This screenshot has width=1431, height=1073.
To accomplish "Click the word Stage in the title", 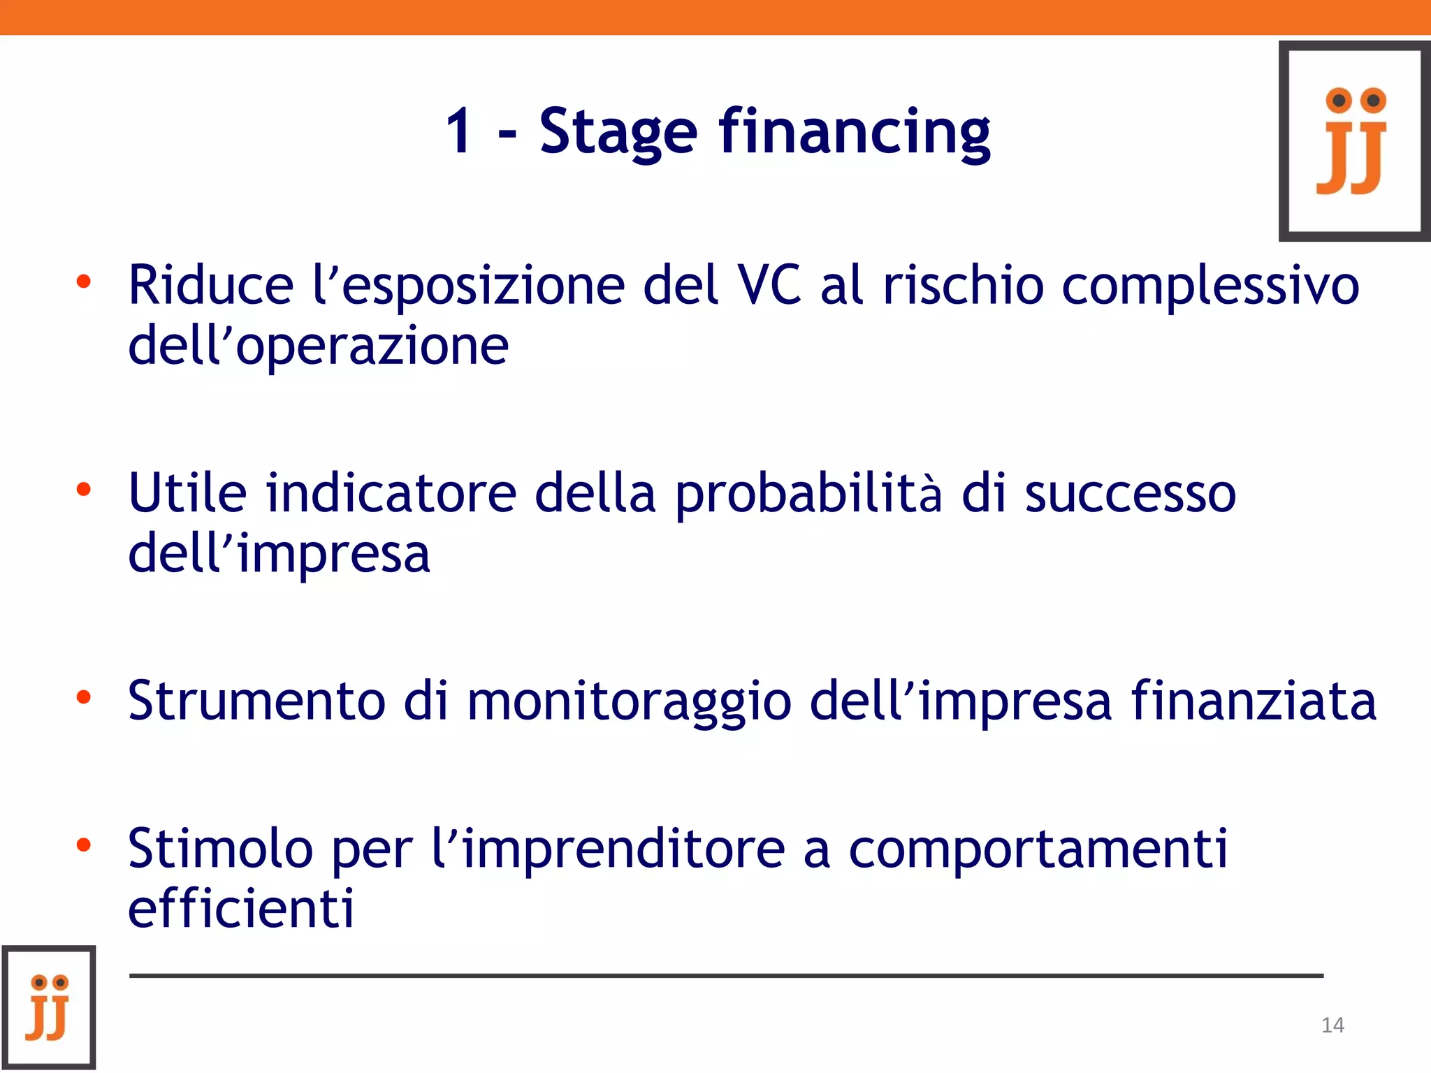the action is pos(618,133).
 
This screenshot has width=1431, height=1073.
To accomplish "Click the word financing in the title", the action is pos(855,133).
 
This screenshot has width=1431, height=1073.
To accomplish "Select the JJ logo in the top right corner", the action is pos(1354,141).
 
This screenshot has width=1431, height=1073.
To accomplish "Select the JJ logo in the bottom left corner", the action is pos(49,1007).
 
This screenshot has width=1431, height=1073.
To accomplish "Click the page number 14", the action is pos(1332,1025).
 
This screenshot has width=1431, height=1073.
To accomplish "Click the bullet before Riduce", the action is pos(84,282).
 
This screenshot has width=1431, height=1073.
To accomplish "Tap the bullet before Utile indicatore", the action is pos(84,490).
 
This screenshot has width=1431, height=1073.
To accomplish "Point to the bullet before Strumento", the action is pos(84,697).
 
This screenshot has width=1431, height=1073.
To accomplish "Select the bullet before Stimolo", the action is pos(84,845).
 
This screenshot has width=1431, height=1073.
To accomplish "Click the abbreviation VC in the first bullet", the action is pos(770,285).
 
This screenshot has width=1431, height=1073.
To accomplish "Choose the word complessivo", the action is pos(1210,286).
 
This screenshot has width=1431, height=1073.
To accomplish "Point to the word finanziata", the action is pos(1254,700).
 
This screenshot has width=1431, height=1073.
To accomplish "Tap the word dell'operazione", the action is pos(318,346).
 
